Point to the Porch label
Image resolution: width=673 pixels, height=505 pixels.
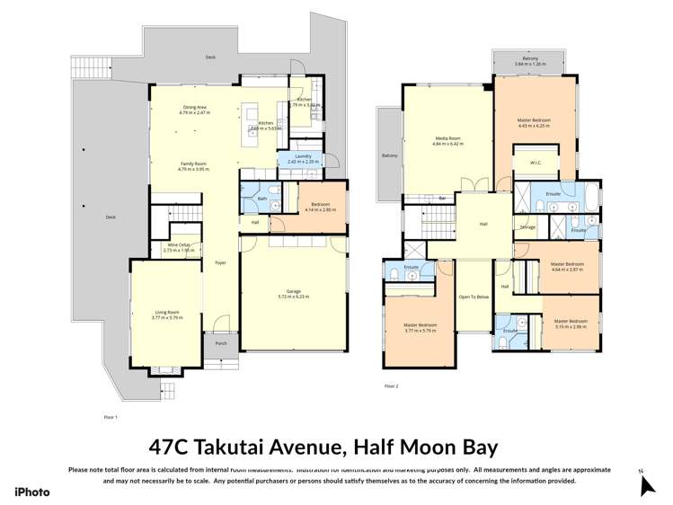(x=220, y=343)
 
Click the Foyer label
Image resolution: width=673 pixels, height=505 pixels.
(x=220, y=262)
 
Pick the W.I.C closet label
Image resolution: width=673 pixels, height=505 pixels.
(x=535, y=163)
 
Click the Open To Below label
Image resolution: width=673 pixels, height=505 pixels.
(x=474, y=297)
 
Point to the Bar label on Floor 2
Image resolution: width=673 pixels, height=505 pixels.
(x=442, y=198)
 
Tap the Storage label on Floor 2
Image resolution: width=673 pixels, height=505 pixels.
(x=527, y=226)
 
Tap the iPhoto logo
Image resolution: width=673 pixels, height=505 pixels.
(x=32, y=492)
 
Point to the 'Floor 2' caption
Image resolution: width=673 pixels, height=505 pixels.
(x=391, y=386)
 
